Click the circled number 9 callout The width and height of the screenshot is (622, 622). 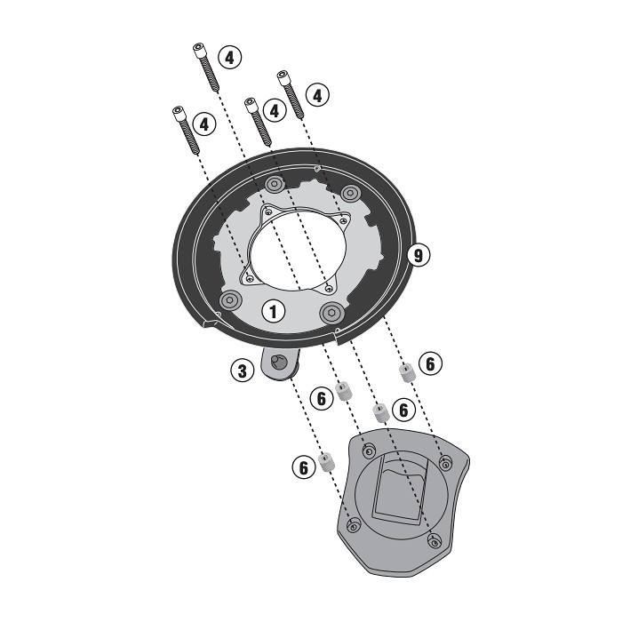click(x=419, y=255)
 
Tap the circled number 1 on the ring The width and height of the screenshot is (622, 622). click(x=274, y=311)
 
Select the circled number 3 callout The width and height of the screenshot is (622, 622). click(x=242, y=371)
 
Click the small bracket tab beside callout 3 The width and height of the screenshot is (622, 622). click(x=280, y=363)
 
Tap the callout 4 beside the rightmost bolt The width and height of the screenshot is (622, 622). click(x=318, y=95)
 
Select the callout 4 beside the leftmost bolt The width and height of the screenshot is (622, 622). click(x=204, y=124)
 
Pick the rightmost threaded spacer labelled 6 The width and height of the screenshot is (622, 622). click(x=406, y=373)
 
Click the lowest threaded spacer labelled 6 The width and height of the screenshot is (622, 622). click(x=326, y=462)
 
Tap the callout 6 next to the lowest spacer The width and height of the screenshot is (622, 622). click(x=304, y=467)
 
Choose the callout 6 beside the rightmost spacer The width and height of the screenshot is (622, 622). click(x=430, y=363)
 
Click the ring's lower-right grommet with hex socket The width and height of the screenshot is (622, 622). click(x=331, y=313)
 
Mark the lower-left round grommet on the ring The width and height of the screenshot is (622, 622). click(x=230, y=300)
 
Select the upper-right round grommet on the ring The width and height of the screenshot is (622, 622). click(x=351, y=193)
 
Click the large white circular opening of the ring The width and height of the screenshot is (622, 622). click(x=298, y=249)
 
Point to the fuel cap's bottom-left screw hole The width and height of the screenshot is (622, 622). click(x=353, y=525)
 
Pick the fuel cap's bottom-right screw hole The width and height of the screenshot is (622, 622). click(x=435, y=540)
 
